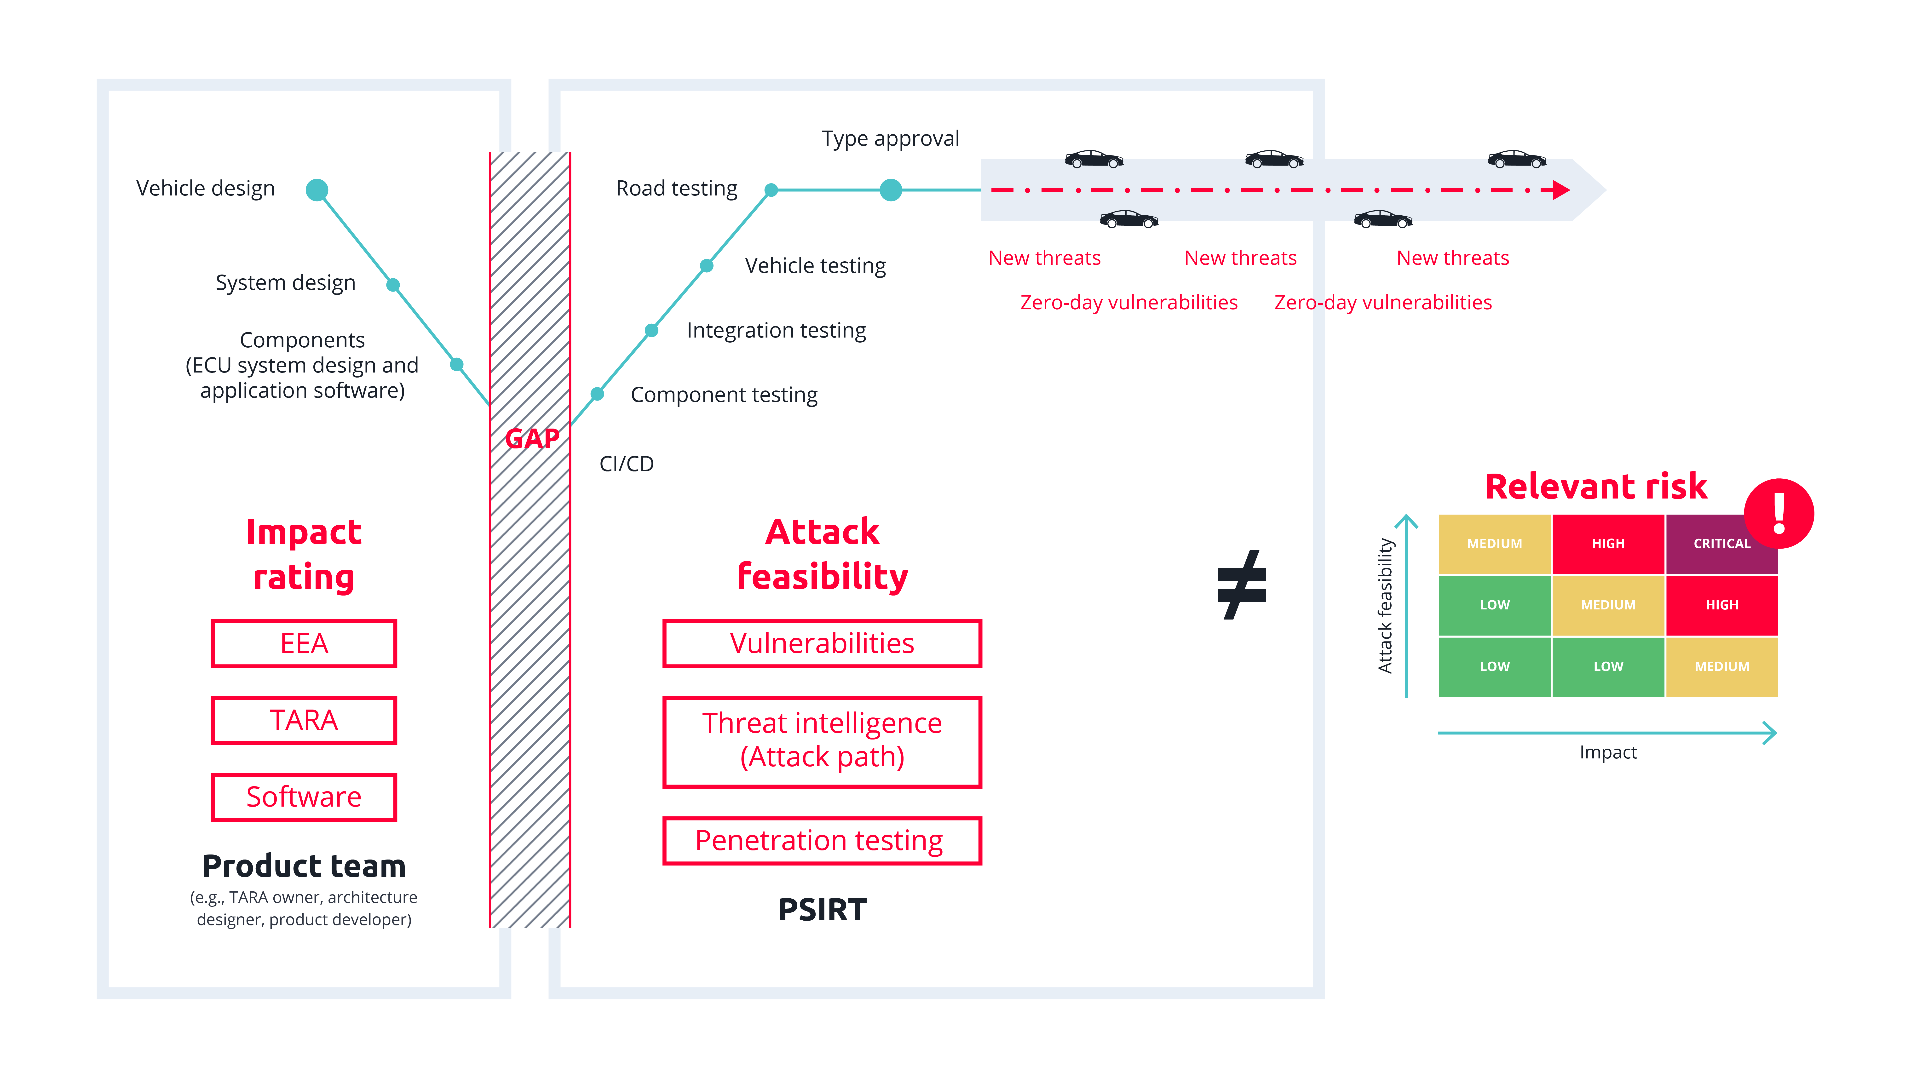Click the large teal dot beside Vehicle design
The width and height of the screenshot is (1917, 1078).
317,190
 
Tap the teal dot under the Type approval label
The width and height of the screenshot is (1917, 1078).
891,190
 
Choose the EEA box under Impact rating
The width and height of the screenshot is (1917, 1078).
304,643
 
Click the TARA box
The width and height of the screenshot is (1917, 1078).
304,720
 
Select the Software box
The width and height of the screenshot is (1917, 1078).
304,797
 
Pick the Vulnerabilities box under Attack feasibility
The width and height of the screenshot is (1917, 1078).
822,643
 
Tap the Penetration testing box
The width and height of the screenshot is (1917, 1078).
822,841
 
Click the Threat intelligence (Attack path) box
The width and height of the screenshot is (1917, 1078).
822,742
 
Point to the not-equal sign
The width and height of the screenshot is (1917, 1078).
1241,585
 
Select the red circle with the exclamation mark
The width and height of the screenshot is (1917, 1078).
1779,513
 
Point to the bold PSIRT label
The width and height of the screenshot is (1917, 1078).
822,909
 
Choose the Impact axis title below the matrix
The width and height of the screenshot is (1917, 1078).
1608,752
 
